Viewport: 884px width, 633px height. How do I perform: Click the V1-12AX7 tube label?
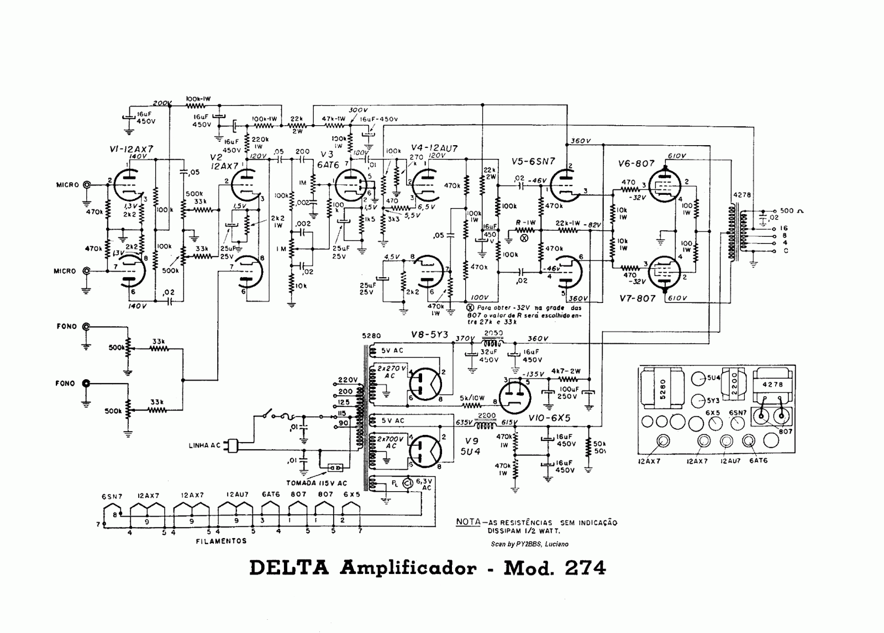coord(131,148)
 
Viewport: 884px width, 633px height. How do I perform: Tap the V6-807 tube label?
coord(636,163)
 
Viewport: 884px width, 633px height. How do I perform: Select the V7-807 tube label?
coord(636,299)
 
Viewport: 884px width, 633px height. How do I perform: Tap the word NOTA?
coord(467,522)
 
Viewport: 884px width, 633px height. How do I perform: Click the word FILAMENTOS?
coord(221,541)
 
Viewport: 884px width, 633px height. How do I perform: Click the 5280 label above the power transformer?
coord(369,335)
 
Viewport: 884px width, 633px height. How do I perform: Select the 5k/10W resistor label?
coord(471,398)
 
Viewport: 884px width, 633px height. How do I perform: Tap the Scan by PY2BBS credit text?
coord(529,544)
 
